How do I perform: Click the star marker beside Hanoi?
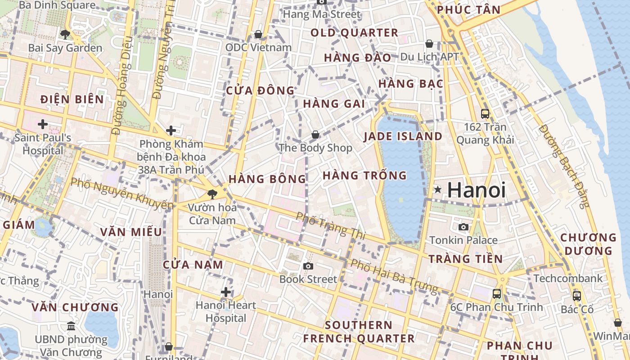point(437,190)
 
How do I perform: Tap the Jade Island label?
point(403,136)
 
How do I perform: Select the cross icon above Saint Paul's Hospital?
point(43,124)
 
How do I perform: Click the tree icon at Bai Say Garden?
point(65,34)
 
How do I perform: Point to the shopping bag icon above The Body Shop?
point(315,135)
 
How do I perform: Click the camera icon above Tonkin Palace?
point(463,227)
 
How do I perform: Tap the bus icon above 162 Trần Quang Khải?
point(485,113)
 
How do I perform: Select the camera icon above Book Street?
point(308,266)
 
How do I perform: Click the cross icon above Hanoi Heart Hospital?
point(226,292)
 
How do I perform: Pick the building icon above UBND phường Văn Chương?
point(71,326)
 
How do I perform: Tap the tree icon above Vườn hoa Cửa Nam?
point(212,194)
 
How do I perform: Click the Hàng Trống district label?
point(364,175)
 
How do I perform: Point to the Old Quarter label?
point(355,33)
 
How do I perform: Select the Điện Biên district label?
point(72,99)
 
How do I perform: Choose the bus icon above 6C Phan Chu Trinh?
point(497,294)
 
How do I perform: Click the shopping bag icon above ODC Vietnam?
point(258,34)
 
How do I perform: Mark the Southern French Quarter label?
point(359,332)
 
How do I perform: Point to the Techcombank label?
point(568,279)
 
